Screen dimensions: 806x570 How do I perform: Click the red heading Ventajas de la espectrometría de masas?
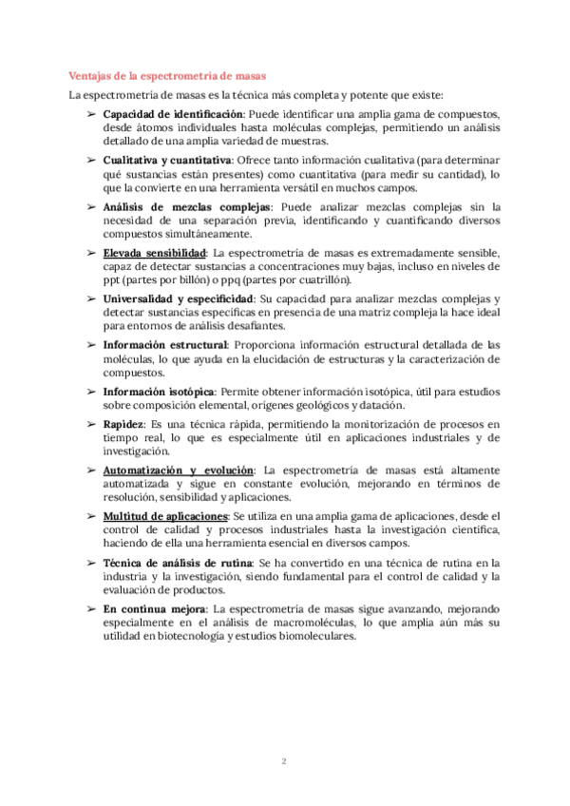[167, 75]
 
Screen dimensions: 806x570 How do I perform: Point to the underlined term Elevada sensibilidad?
[155, 253]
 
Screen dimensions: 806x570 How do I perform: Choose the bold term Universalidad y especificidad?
[179, 298]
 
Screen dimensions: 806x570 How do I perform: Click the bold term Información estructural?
[165, 344]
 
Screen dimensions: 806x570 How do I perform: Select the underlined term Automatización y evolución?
[179, 470]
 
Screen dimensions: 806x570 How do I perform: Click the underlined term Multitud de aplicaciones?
[165, 516]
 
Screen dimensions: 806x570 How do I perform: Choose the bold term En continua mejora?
[155, 608]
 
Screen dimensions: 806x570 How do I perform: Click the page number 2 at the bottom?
[284, 759]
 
